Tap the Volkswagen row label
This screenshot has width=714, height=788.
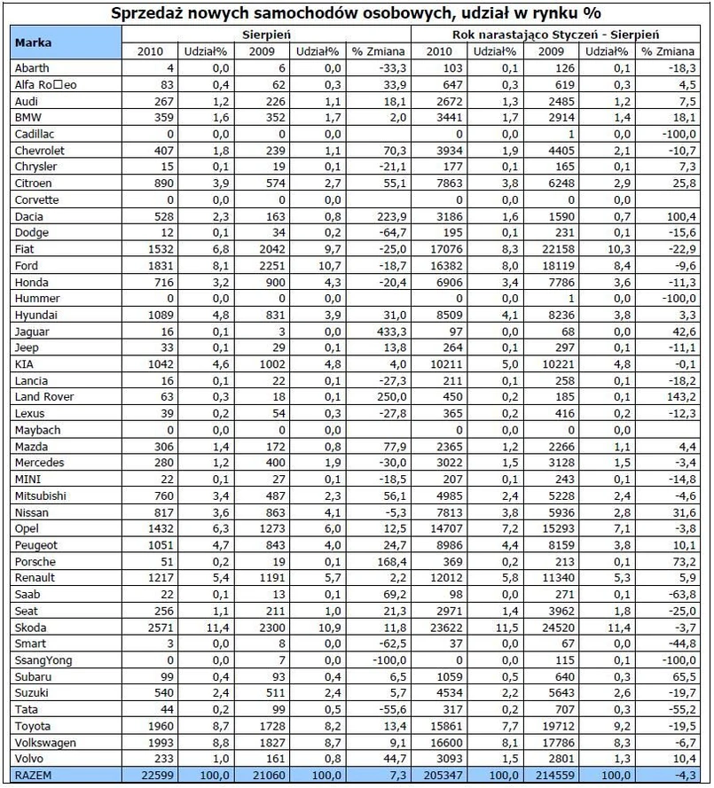pyautogui.click(x=43, y=743)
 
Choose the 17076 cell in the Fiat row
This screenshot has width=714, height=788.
pyautogui.click(x=443, y=249)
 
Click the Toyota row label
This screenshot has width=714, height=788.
pyautogui.click(x=33, y=726)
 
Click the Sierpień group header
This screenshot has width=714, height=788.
pyautogui.click(x=271, y=34)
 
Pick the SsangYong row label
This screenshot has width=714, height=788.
pyautogui.click(x=39, y=660)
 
